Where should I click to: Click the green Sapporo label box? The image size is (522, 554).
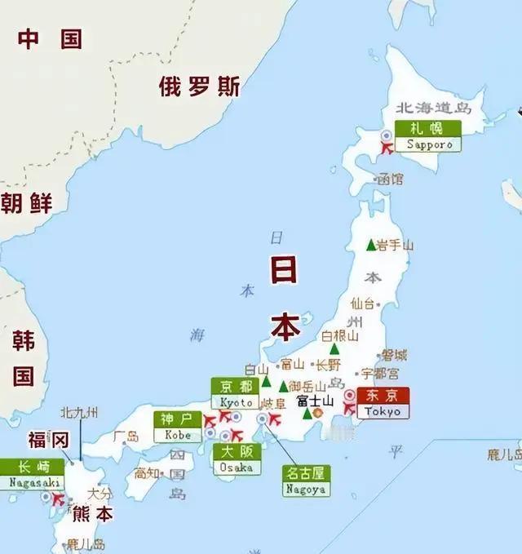pyautogui.click(x=428, y=136)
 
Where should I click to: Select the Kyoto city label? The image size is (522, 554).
pyautogui.click(x=235, y=393)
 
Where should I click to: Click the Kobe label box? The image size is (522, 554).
pyautogui.click(x=178, y=427)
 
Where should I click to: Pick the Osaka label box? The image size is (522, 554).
pyautogui.click(x=237, y=459)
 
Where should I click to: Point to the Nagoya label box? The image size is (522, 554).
pyautogui.click(x=306, y=481)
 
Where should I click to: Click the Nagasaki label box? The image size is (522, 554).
pyautogui.click(x=32, y=474)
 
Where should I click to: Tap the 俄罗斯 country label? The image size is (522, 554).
pyautogui.click(x=200, y=86)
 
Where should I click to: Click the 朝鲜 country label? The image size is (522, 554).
pyautogui.click(x=26, y=203)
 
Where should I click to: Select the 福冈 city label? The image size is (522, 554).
pyautogui.click(x=48, y=441)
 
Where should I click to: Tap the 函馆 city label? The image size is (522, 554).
pyautogui.click(x=391, y=179)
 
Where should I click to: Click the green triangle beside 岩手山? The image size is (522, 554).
pyautogui.click(x=371, y=245)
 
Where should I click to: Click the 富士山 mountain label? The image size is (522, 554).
pyautogui.click(x=315, y=401)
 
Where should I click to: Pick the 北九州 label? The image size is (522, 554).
pyautogui.click(x=80, y=413)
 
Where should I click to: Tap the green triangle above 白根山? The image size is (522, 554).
pyautogui.click(x=334, y=348)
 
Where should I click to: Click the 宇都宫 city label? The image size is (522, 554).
pyautogui.click(x=380, y=374)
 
